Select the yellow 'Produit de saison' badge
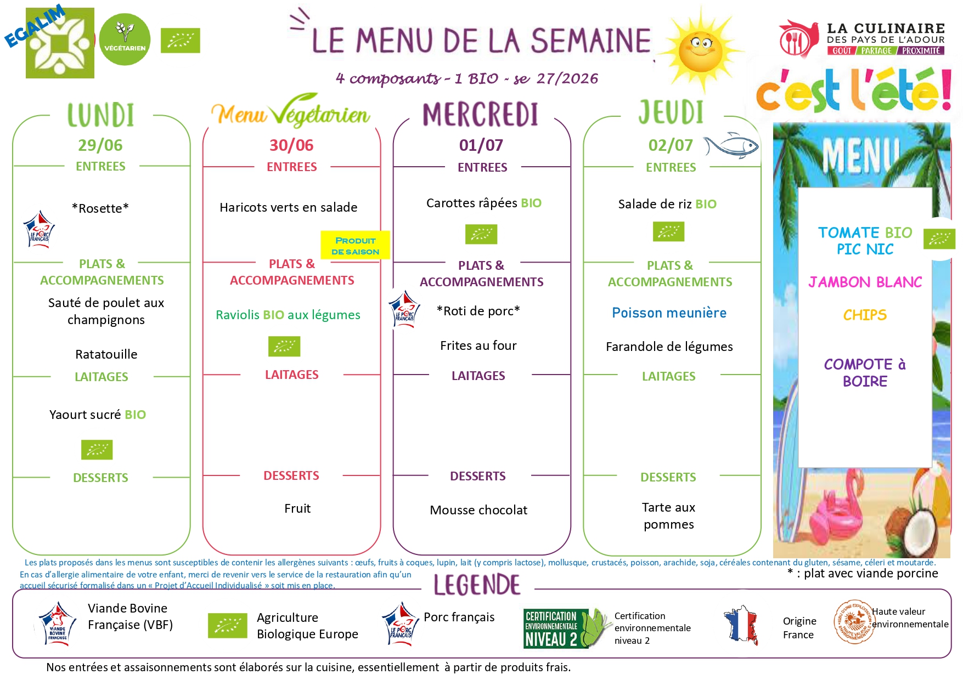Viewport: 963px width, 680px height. [355, 246]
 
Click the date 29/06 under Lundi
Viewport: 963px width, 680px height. [100, 145]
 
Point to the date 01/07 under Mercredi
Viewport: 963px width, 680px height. [481, 145]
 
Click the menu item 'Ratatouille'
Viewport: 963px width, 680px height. [106, 354]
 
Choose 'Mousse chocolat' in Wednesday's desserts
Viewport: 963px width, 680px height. [478, 510]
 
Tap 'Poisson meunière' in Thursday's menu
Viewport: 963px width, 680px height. [669, 313]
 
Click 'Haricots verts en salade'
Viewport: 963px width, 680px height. [288, 207]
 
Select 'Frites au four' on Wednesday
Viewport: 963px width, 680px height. [478, 345]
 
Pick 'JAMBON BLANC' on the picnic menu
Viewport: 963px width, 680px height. [865, 282]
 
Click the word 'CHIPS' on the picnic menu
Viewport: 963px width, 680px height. [865, 315]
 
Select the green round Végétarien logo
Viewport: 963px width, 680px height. [125, 39]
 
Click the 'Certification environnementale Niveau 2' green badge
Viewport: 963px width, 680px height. [565, 628]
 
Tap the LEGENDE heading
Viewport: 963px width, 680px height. [477, 585]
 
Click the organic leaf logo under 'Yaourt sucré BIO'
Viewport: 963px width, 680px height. [97, 450]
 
